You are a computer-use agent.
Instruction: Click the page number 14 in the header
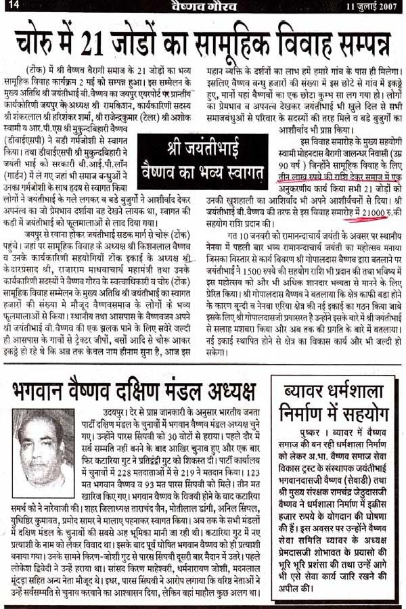click(14, 7)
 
